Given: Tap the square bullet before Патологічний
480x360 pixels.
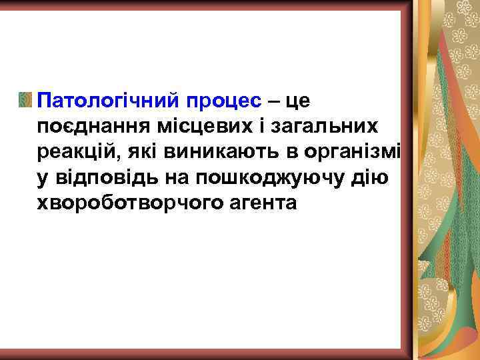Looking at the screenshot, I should (25, 101).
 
